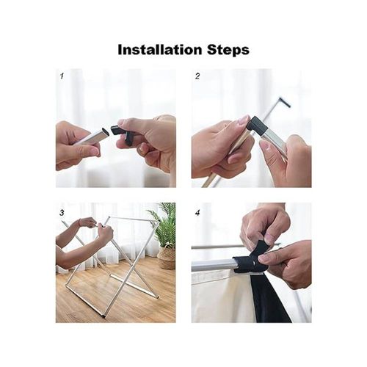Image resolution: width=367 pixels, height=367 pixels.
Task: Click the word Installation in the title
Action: pyautogui.click(x=160, y=49)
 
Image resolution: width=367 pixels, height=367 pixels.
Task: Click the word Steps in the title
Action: pyautogui.click(x=228, y=50)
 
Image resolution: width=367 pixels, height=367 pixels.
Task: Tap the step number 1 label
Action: pyautogui.click(x=62, y=76)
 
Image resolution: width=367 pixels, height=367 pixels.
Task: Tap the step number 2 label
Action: pyautogui.click(x=197, y=76)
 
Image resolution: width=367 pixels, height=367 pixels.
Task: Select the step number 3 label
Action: pyautogui.click(x=62, y=213)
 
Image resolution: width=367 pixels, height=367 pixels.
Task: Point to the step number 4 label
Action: pyautogui.click(x=197, y=213)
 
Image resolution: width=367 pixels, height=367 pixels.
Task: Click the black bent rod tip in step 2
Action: pyautogui.click(x=285, y=102)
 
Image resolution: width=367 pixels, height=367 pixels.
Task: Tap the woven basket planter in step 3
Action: pyautogui.click(x=167, y=258)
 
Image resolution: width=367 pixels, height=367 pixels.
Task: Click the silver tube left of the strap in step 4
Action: pyautogui.click(x=212, y=265)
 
